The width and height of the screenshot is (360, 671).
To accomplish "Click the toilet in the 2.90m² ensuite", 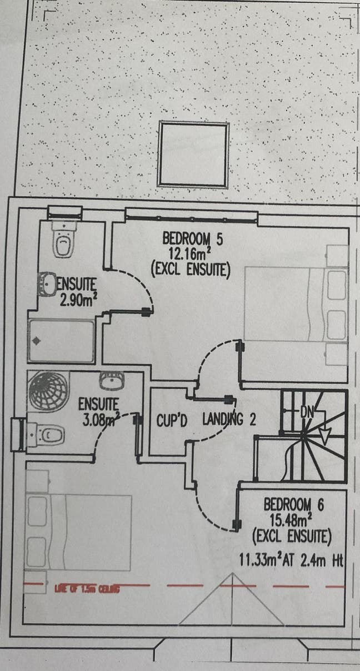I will click(x=64, y=240).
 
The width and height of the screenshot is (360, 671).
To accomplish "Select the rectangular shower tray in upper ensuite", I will click(x=61, y=341).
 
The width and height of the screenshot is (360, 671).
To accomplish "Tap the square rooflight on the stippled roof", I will click(x=193, y=155).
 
